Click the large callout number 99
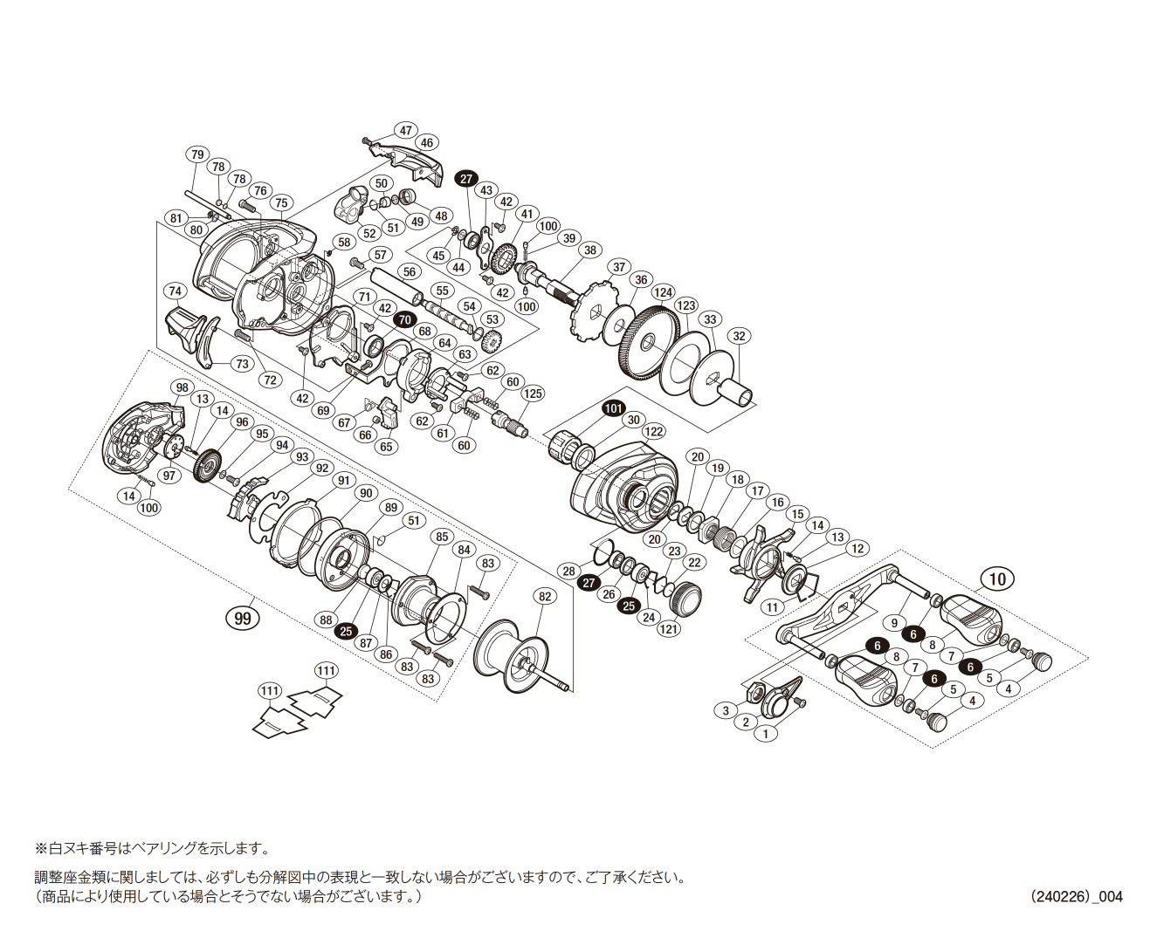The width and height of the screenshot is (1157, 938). pyautogui.click(x=243, y=618)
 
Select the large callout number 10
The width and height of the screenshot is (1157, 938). pyautogui.click(x=997, y=579)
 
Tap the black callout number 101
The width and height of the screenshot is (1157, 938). pyautogui.click(x=614, y=408)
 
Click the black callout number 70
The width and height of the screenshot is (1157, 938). pyautogui.click(x=403, y=320)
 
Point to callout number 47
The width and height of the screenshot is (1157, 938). pyautogui.click(x=406, y=131)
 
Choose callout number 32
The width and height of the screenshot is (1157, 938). pyautogui.click(x=740, y=336)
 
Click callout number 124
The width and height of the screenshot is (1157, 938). pyautogui.click(x=664, y=292)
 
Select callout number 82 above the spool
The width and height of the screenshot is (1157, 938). pyautogui.click(x=545, y=597)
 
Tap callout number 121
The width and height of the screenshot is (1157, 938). pyautogui.click(x=669, y=629)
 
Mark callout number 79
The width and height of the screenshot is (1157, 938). pyautogui.click(x=197, y=154)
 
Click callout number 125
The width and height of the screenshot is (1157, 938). pyautogui.click(x=533, y=394)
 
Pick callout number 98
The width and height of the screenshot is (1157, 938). pyautogui.click(x=182, y=387)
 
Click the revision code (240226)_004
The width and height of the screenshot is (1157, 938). pyautogui.click(x=1076, y=896)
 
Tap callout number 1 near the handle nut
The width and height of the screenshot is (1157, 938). pyautogui.click(x=765, y=734)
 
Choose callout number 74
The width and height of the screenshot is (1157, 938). pyautogui.click(x=176, y=291)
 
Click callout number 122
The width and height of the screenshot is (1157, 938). pyautogui.click(x=654, y=431)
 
